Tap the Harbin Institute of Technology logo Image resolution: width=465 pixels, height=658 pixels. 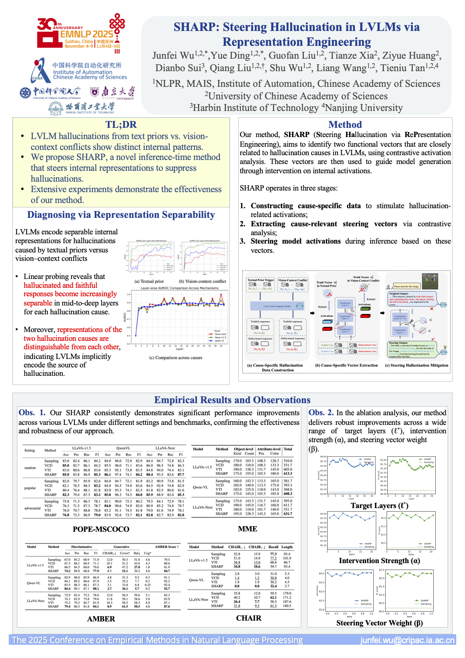[82, 108]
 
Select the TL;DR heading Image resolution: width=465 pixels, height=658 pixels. [121, 125]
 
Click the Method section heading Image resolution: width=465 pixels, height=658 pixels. [345, 125]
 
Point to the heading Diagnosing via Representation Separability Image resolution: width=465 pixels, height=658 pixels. [121, 215]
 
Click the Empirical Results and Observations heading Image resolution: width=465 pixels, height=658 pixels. [232, 400]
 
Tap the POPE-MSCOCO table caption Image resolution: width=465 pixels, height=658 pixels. [101, 529]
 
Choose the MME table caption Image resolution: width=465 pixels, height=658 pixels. [248, 529]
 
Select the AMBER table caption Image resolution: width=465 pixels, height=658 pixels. [101, 619]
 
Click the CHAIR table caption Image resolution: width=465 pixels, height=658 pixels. [249, 618]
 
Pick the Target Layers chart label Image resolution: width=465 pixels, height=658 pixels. [379, 506]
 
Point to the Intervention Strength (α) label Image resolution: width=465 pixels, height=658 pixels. [379, 561]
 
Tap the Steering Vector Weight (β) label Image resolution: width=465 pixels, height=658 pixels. [379, 623]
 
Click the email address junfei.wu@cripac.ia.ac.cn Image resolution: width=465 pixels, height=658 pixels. [407, 640]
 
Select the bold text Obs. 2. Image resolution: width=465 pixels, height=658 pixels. [321, 413]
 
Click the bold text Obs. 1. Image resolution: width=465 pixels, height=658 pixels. [32, 413]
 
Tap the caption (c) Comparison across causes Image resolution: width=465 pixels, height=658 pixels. [176, 358]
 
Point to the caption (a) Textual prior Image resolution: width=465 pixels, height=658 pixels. [149, 281]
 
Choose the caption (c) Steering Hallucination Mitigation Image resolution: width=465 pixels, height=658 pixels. [416, 365]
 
